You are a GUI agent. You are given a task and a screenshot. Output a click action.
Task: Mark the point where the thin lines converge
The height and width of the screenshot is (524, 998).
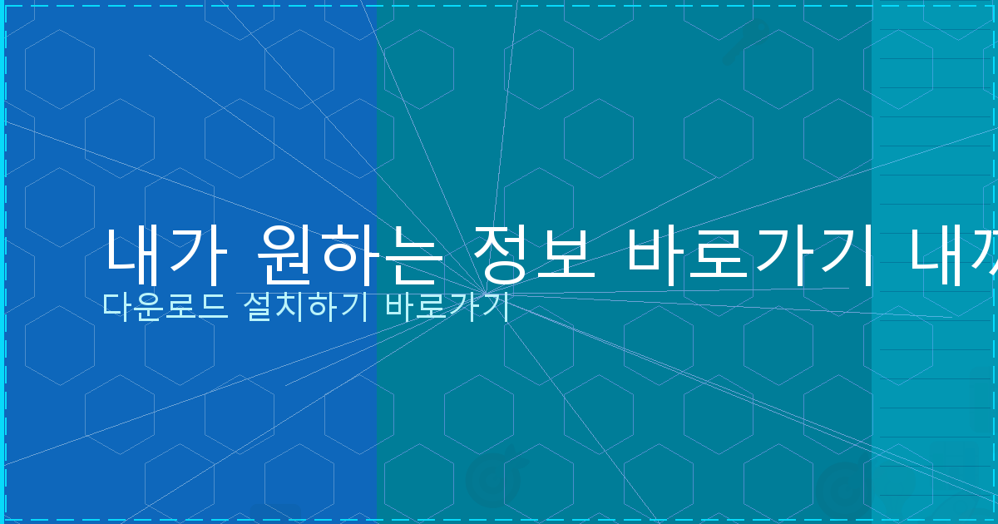pos(494,295)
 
